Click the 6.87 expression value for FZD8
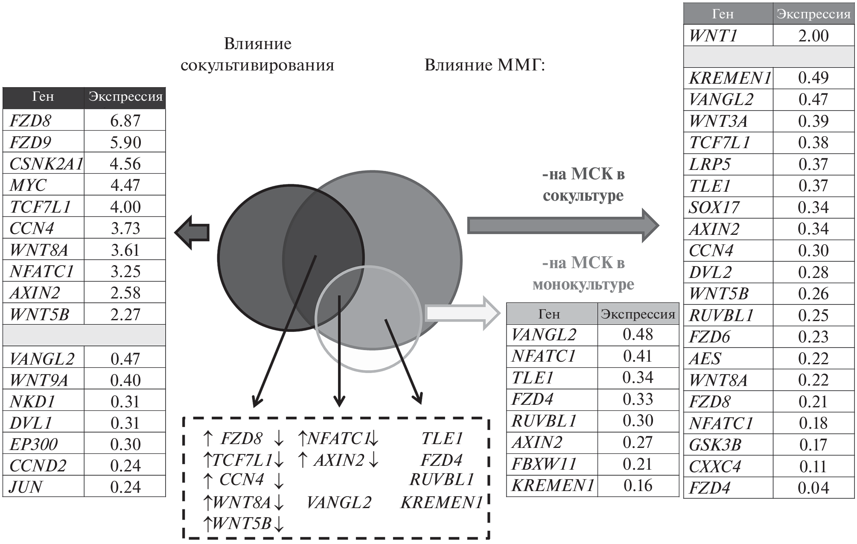[125, 121]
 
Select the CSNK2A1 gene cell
[46, 164]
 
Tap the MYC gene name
[28, 185]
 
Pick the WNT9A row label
[38, 380]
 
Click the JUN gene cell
[26, 487]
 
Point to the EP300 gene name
[33, 444]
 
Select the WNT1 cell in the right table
[713, 36]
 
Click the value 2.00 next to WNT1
[813, 36]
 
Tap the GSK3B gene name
[715, 445]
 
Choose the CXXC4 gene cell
[715, 466]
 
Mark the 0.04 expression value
[813, 488]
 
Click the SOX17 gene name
[714, 208]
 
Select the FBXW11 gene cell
[544, 464]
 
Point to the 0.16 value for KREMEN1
[638, 486]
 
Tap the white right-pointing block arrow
[463, 313]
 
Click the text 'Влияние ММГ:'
[485, 65]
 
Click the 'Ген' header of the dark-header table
[43, 97]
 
